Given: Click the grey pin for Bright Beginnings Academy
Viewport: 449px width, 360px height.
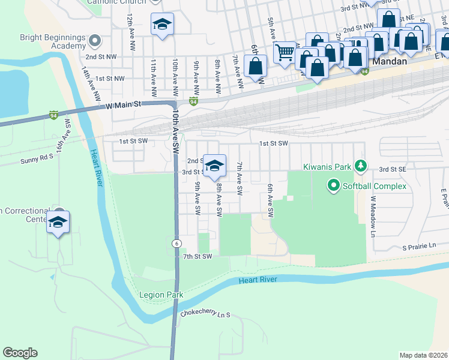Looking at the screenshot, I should [x=94, y=41].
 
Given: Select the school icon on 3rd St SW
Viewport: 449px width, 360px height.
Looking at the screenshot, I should [x=214, y=166].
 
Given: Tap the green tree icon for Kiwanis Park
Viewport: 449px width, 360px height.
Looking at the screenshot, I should [x=360, y=164].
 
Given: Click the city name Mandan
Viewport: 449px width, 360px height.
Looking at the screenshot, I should [x=390, y=61].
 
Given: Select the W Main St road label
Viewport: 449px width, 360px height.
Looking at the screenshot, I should [x=123, y=104].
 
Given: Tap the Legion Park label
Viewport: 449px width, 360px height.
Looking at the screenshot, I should [x=161, y=295].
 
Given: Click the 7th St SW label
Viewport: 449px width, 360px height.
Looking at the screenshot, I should [x=197, y=257].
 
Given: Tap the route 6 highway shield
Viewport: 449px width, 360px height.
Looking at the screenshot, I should [x=176, y=243].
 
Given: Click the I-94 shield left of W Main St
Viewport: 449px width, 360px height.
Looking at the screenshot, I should [x=53, y=115].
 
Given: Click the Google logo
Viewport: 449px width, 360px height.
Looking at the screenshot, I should [x=20, y=353].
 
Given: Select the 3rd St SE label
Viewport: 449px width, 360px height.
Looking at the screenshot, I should [x=393, y=170].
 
